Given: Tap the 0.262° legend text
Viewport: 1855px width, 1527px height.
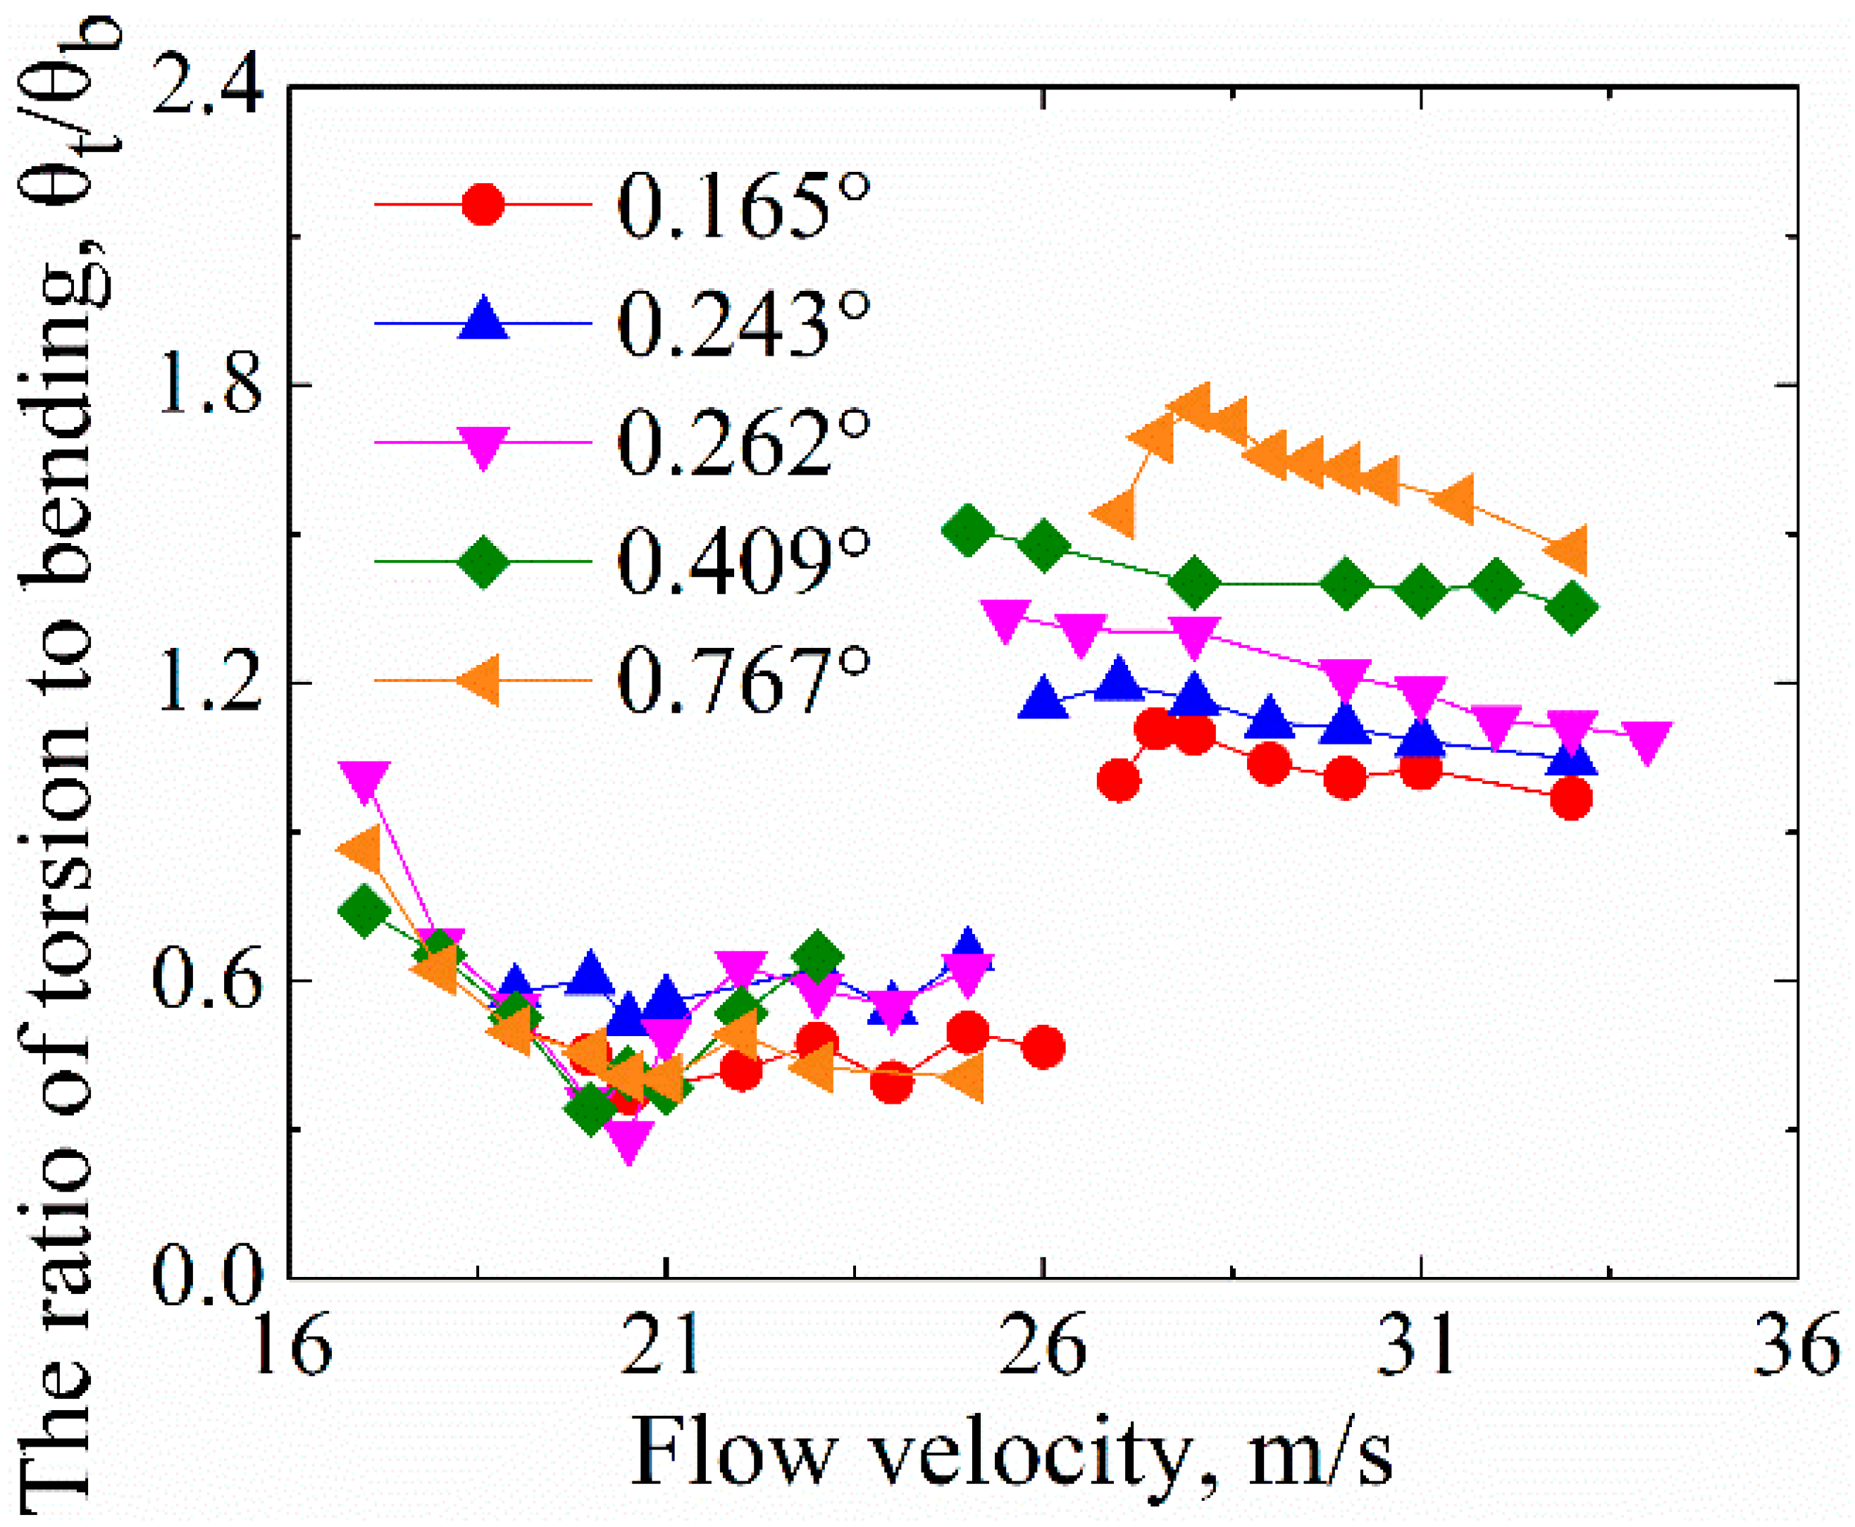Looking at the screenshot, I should click(742, 443).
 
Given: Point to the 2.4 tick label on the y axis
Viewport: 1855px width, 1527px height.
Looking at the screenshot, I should click(208, 88).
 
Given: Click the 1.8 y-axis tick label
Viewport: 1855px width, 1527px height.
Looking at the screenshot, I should click(208, 385).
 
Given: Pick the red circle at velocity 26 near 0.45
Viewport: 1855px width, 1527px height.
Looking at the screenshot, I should click(1043, 1047).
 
